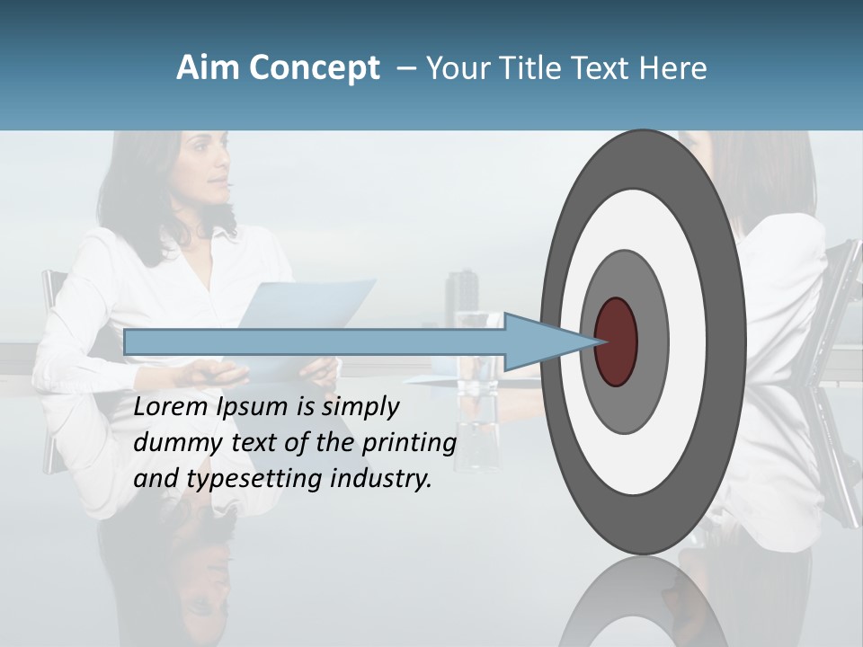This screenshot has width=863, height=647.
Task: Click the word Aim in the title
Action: [x=209, y=68]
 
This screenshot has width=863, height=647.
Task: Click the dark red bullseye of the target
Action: [x=616, y=341]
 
